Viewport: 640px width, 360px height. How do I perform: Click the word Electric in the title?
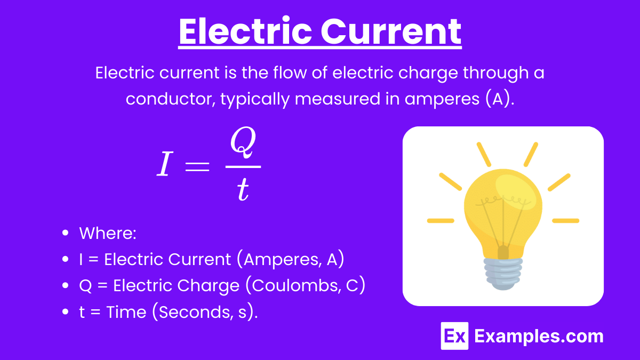pyautogui.click(x=245, y=31)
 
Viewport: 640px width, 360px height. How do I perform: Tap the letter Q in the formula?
pyautogui.click(x=243, y=142)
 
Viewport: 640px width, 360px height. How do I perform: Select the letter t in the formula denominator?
pyautogui.click(x=243, y=189)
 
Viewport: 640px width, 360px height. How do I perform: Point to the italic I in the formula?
pyautogui.click(x=165, y=163)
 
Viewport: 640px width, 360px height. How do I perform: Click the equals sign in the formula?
pyautogui.click(x=197, y=166)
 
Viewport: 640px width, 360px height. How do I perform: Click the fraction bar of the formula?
pyautogui.click(x=243, y=166)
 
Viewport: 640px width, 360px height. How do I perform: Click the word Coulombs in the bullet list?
pyautogui.click(x=293, y=285)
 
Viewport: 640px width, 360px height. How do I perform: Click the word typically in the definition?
pyautogui.click(x=255, y=99)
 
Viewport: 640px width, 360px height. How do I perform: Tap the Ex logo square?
pyautogui.click(x=454, y=336)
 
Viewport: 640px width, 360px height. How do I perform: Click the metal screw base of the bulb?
pyautogui.click(x=503, y=273)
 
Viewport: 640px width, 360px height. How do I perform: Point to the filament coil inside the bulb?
pyautogui.click(x=503, y=201)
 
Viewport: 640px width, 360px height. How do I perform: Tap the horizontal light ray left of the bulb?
pyautogui.click(x=441, y=221)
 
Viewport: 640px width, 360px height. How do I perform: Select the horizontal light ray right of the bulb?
pyautogui.click(x=566, y=221)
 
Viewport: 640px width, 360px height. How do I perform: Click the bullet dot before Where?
pyautogui.click(x=66, y=233)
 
